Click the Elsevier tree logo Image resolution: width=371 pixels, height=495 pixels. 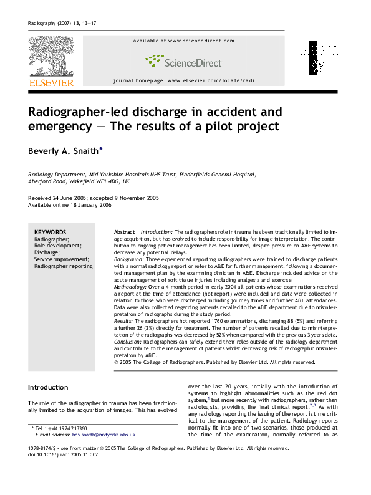50,57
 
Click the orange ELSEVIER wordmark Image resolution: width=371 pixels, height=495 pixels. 51,82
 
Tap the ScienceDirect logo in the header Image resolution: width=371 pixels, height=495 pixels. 183,61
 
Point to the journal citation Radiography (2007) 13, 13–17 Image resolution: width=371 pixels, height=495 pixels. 62,24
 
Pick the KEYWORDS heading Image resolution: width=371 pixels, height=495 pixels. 50,232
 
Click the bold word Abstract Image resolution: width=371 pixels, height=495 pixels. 125,232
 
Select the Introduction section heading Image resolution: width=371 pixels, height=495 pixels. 48,387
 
